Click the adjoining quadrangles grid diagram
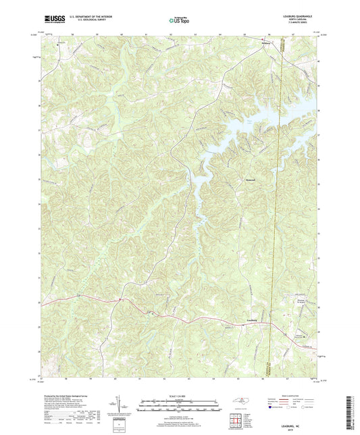click(236, 417)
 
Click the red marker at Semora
click(263, 42)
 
